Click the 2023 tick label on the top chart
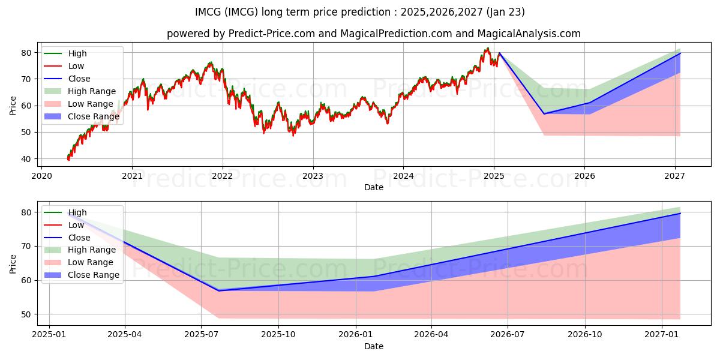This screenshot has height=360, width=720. pyautogui.click(x=313, y=176)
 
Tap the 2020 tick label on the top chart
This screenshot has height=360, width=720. pyautogui.click(x=41, y=176)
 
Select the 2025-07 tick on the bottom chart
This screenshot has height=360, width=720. pyautogui.click(x=202, y=334)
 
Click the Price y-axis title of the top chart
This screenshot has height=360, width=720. pyautogui.click(x=13, y=106)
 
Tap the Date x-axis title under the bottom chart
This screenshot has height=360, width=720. pyautogui.click(x=373, y=346)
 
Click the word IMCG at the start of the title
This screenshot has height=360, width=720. pyautogui.click(x=208, y=12)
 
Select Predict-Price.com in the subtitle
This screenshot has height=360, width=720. pyautogui.click(x=272, y=34)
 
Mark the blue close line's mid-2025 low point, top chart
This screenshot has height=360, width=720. pyautogui.click(x=544, y=114)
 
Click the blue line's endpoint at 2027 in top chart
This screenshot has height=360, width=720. pyautogui.click(x=680, y=53)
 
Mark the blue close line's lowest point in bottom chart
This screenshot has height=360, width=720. pyautogui.click(x=218, y=290)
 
